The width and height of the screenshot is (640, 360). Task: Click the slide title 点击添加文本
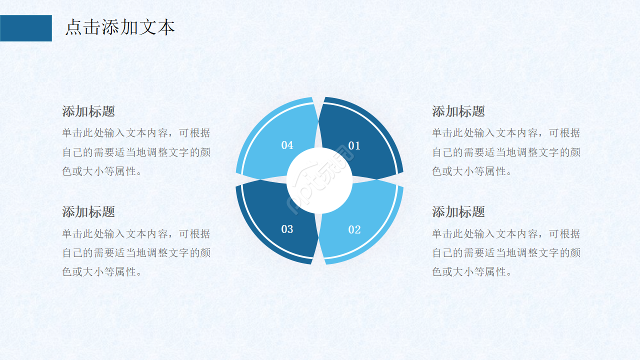(x=120, y=27)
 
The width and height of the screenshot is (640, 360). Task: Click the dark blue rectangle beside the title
(x=26, y=28)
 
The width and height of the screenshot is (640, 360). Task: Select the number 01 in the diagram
(x=354, y=145)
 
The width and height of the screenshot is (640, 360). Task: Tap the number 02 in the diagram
(x=354, y=229)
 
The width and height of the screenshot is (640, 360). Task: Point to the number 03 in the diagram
(x=287, y=229)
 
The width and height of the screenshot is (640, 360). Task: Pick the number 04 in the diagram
(x=287, y=145)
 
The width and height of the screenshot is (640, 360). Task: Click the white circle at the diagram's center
(x=319, y=180)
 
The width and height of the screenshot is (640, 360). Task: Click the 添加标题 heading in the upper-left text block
(x=88, y=111)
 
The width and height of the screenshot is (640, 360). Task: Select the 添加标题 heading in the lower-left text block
(x=88, y=211)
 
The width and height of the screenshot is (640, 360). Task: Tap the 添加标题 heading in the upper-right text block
(x=458, y=111)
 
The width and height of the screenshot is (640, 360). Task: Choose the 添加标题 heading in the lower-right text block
(x=458, y=211)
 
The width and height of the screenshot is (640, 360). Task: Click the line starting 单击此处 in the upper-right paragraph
(x=506, y=133)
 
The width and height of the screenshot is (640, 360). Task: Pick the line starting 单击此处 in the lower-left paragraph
(x=136, y=233)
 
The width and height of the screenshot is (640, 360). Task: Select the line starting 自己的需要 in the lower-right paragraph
(x=506, y=252)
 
